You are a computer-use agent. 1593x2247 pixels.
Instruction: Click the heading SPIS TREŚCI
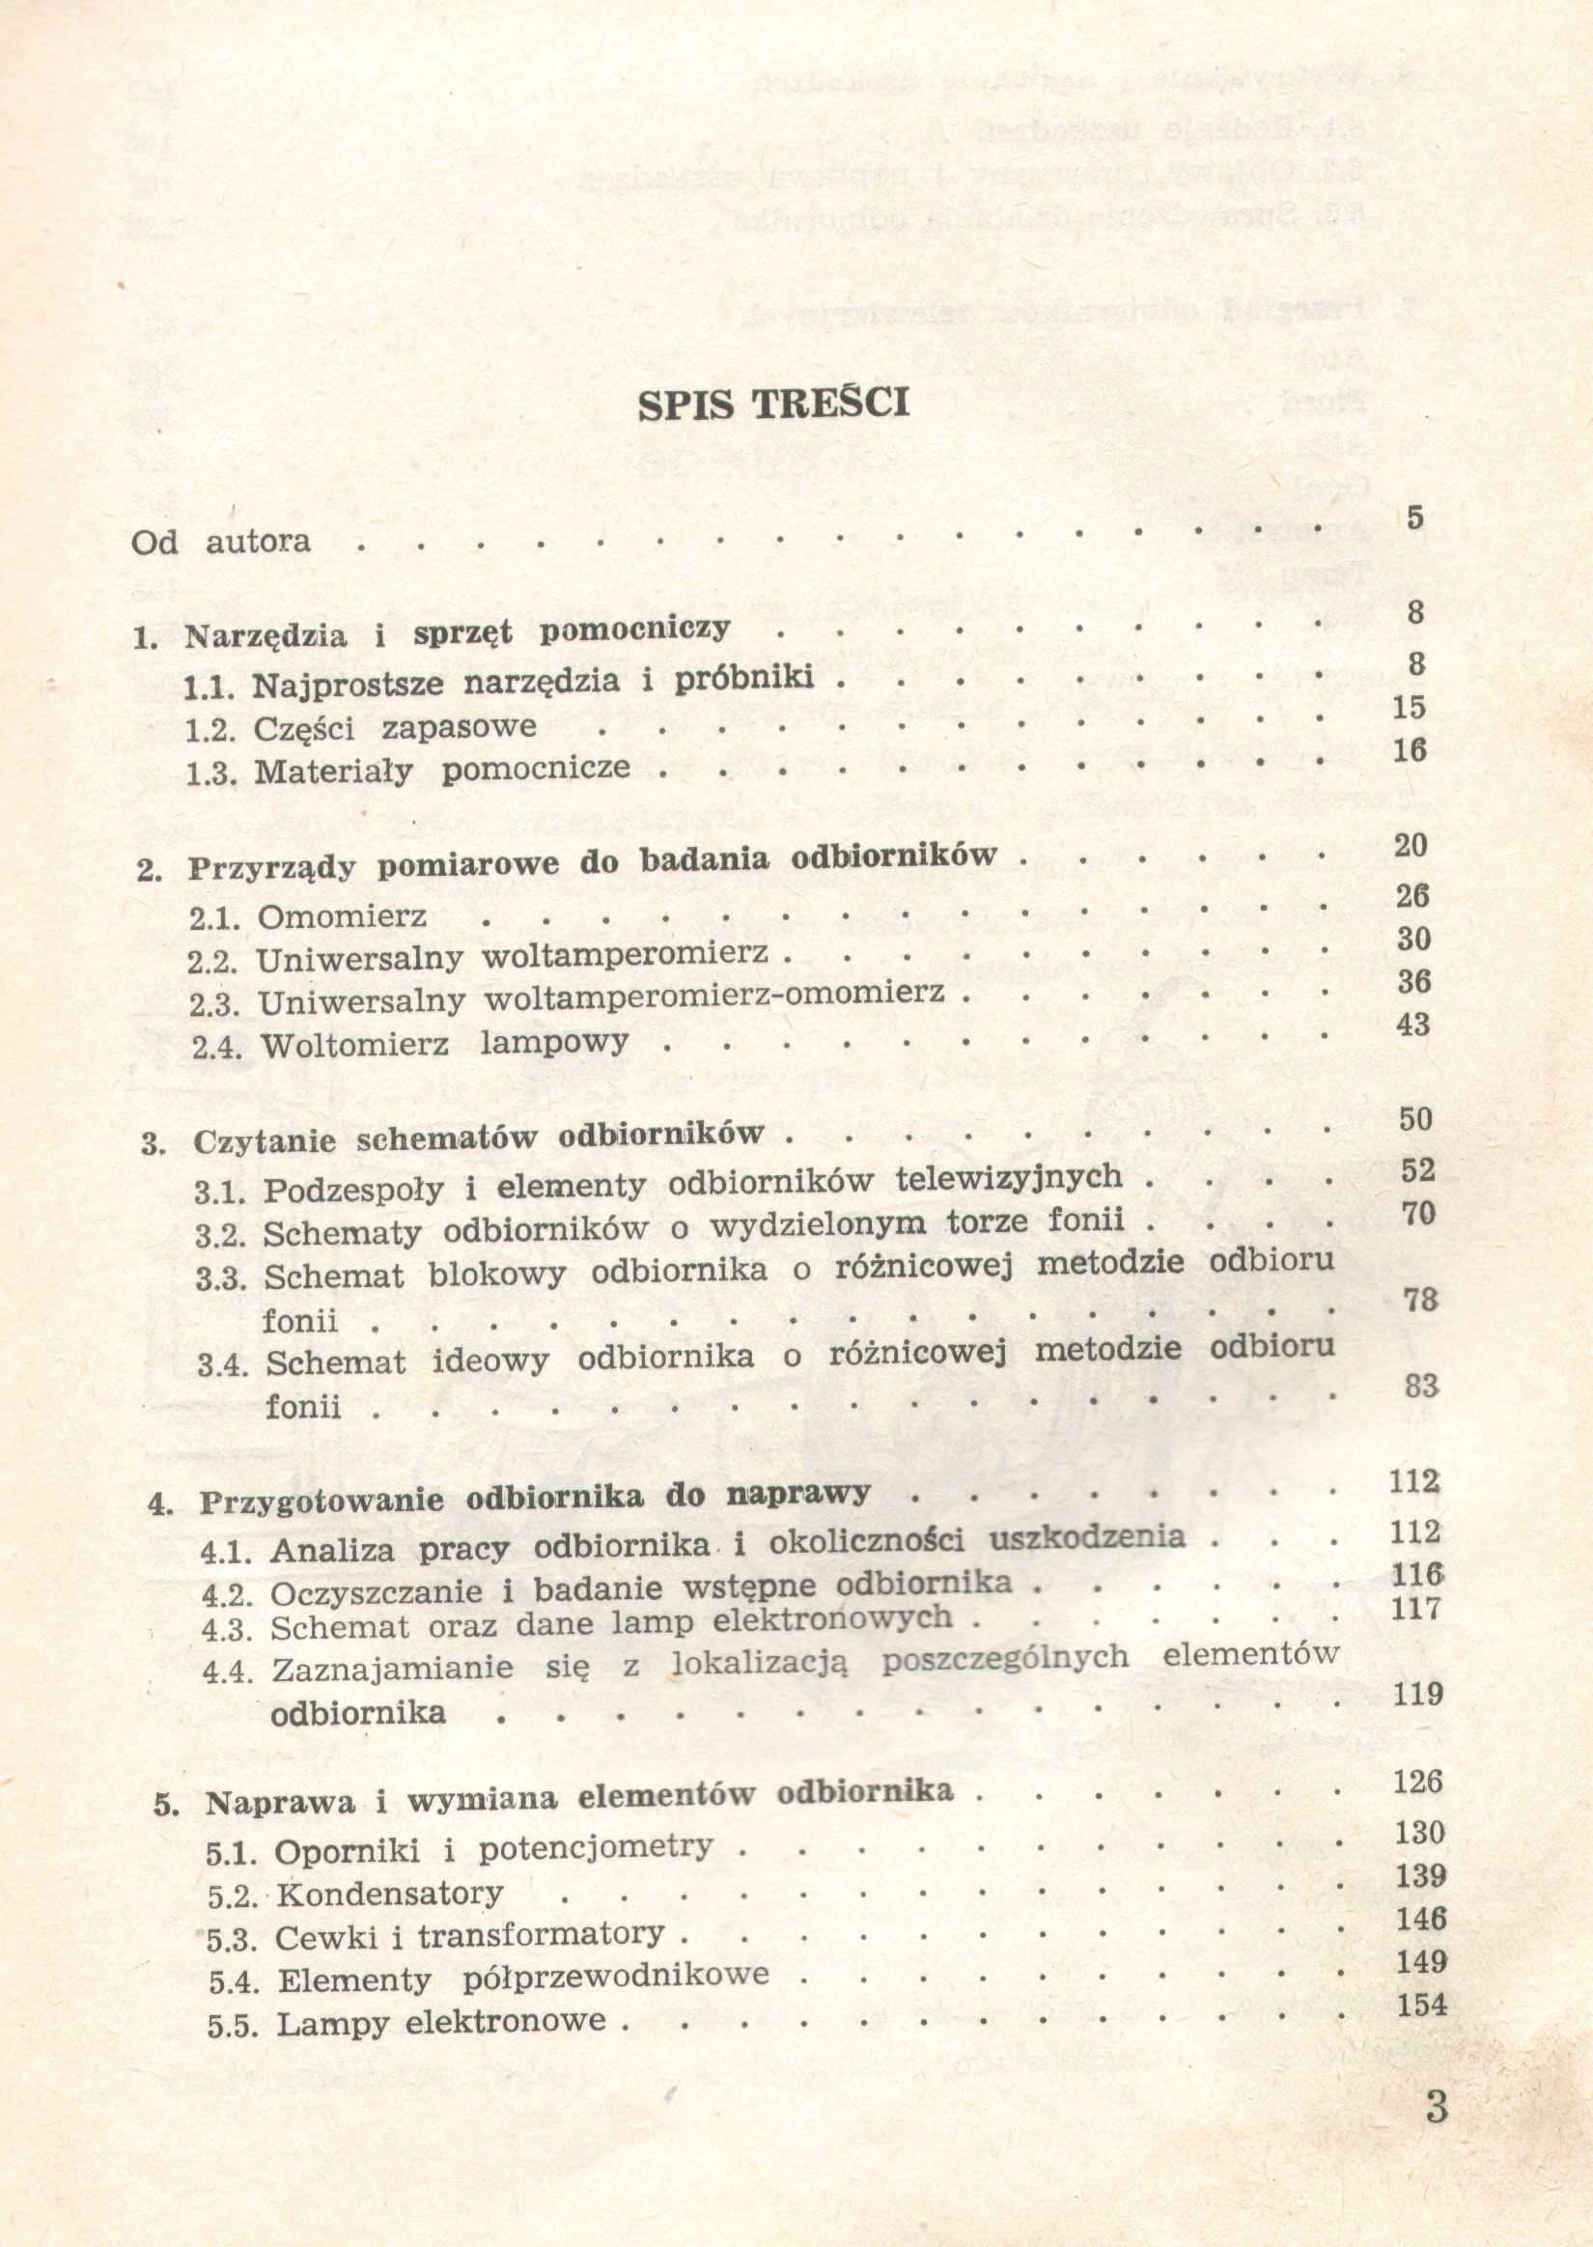click(773, 403)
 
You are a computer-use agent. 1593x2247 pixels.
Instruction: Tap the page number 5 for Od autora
click(1413, 518)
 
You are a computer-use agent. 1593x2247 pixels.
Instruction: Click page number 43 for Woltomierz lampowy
click(1413, 1025)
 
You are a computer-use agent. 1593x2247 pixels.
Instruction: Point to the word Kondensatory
click(389, 1894)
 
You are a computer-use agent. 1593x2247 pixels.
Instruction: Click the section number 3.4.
click(223, 1365)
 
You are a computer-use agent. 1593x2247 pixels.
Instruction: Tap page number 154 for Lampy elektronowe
click(1422, 2005)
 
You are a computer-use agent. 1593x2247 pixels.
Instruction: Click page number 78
click(1419, 1301)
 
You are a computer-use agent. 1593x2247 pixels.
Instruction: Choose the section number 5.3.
click(231, 1941)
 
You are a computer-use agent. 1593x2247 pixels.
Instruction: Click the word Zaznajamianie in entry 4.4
click(392, 1669)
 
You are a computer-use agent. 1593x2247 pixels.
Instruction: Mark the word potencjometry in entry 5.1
click(596, 1848)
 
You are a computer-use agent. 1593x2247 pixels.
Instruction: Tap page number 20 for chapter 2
click(1411, 846)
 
